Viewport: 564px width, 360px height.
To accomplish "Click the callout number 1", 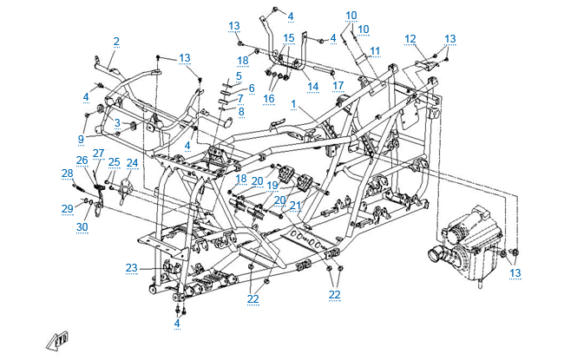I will coord(293,105).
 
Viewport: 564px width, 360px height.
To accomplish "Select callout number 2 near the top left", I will coord(116,41).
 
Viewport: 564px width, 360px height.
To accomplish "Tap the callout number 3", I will coord(117,122).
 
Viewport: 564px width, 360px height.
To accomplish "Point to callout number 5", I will coord(238,76).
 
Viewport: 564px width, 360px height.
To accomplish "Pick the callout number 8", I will coord(241,112).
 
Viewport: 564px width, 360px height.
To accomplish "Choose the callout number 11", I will coord(375,51).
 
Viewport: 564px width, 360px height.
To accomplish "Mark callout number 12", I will coord(410,38).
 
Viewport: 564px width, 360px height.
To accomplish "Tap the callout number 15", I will coord(289,38).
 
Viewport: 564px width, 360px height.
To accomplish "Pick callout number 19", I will coord(272,185).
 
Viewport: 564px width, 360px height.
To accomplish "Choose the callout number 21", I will coord(295,206).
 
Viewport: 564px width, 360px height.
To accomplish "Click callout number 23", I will coord(131,266).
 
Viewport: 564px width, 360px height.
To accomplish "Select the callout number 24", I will coord(132,162).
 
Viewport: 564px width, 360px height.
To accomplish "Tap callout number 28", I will coord(68,174).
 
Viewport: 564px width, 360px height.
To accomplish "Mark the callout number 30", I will coord(82,226).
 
